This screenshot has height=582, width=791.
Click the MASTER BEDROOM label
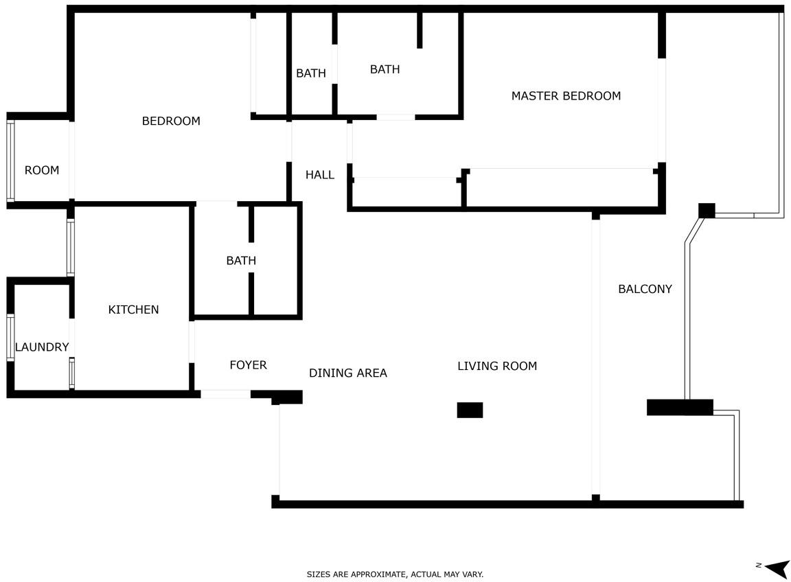pos(566,96)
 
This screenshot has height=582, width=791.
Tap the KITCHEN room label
pos(134,310)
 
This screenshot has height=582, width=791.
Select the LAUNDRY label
pos(42,347)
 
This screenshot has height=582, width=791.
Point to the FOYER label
pos(248,365)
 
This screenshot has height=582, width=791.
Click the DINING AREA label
pos(348,373)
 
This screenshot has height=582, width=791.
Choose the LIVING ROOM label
pos(497,366)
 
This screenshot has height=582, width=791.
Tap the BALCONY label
pos(645,289)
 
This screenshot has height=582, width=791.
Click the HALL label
pos(320,175)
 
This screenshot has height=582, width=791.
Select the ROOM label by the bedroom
pos(42,170)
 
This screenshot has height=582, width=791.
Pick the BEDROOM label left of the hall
pos(171,121)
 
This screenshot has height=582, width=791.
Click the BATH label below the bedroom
pos(241,261)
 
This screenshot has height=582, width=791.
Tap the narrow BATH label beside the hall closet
pos(311,73)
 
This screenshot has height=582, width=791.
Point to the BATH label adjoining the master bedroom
pos(385,69)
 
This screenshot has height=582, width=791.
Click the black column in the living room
pos(470,410)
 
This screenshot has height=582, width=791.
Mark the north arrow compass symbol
pos(775,568)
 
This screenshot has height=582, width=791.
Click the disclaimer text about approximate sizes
pos(395,574)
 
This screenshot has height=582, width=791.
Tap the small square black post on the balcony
pos(707,210)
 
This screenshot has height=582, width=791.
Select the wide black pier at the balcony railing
pos(680,408)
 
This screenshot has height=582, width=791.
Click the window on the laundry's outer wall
pos(10,338)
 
